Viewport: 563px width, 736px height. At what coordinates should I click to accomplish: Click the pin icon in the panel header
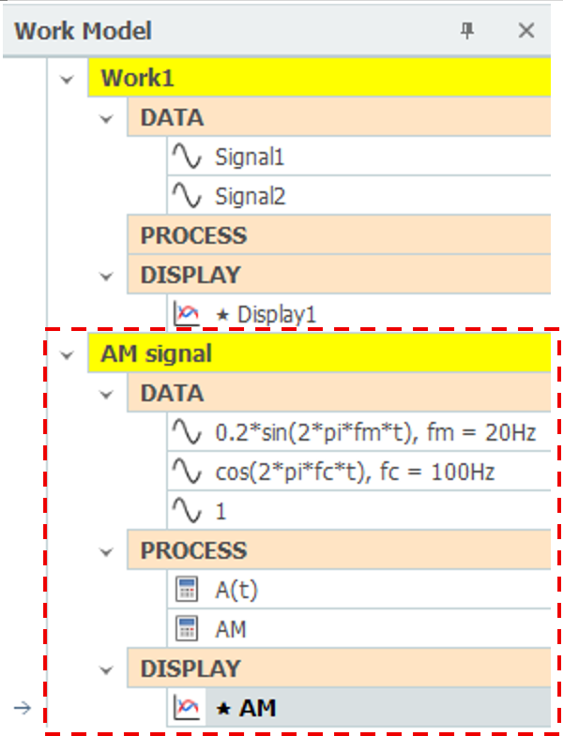click(466, 31)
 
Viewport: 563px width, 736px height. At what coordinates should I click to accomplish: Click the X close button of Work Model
click(525, 31)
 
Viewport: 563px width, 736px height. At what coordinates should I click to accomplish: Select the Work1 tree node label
click(137, 78)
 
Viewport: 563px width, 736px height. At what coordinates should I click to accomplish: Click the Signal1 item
click(250, 157)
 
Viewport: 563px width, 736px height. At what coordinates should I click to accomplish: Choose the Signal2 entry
click(250, 196)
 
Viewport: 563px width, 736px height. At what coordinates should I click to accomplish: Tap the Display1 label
click(277, 314)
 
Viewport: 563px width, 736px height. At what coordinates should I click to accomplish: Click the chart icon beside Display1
click(187, 313)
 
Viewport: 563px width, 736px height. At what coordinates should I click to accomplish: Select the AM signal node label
click(156, 353)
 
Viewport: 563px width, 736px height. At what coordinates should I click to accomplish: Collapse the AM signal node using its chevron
click(67, 355)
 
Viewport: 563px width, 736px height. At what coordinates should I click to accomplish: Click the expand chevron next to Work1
click(67, 80)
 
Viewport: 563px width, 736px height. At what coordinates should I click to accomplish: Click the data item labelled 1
click(221, 512)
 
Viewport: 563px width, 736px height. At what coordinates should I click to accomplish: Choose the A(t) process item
click(236, 591)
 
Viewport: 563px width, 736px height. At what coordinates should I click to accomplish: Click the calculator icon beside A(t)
click(187, 589)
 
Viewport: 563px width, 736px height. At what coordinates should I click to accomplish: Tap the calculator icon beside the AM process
click(187, 628)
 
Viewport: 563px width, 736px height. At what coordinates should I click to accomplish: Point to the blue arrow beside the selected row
click(23, 708)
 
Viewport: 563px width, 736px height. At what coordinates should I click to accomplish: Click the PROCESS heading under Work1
click(193, 235)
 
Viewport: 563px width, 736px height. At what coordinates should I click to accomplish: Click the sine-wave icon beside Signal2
click(187, 195)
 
